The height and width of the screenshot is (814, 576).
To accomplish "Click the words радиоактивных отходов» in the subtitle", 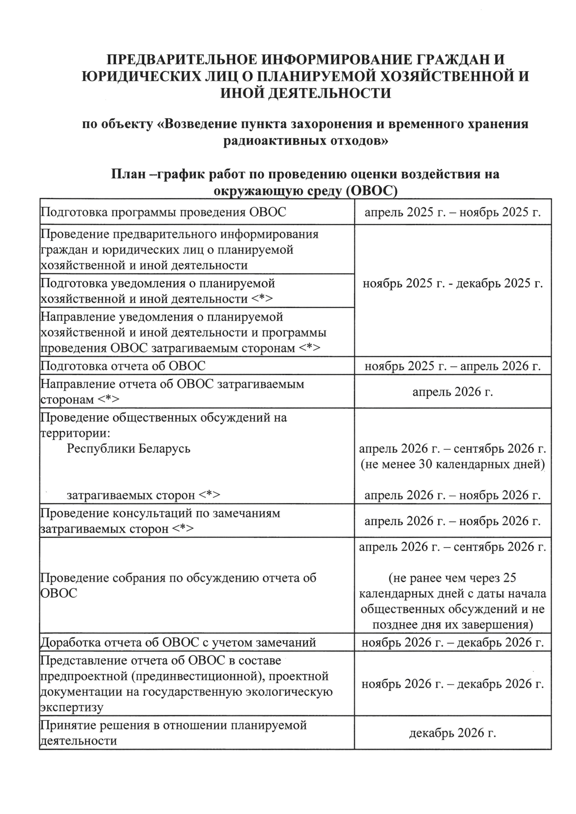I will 306,141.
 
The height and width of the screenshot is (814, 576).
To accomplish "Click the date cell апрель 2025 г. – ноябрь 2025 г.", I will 453,212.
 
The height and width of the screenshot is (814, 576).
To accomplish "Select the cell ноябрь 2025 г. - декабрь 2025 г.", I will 453,284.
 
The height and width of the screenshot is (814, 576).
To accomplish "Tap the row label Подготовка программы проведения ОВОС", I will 163,212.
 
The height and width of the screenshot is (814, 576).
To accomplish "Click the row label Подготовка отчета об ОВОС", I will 123,366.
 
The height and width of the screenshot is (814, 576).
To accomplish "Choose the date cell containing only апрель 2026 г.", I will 453,392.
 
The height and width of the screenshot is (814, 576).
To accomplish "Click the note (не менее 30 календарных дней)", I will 453,464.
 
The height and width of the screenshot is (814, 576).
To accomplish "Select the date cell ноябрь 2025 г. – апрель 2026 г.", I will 453,366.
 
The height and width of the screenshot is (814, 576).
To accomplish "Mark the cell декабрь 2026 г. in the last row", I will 453,733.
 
